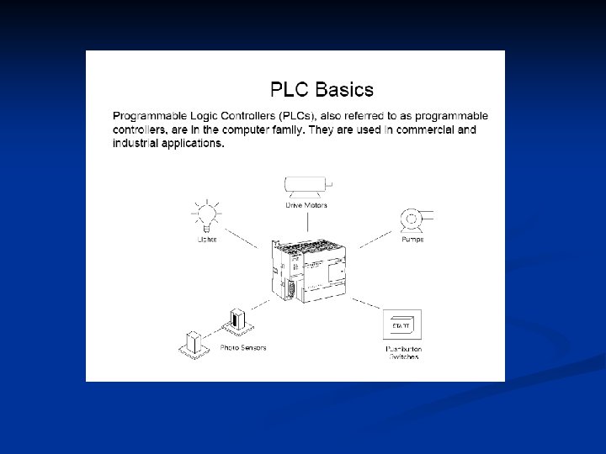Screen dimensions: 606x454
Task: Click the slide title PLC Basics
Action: (321, 88)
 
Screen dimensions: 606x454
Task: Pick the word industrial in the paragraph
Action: (136, 143)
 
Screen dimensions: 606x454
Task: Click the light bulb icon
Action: (206, 215)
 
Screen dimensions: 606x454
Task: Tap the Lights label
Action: (206, 240)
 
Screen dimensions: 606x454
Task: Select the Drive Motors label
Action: (307, 204)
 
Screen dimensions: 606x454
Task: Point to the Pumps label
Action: (412, 240)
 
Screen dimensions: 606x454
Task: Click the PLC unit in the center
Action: (306, 268)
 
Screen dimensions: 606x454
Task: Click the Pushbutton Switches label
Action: (403, 352)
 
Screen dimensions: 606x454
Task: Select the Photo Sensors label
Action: (242, 347)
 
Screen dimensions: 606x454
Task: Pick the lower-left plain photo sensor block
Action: (193, 344)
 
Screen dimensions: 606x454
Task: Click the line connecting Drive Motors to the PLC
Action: (307, 222)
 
